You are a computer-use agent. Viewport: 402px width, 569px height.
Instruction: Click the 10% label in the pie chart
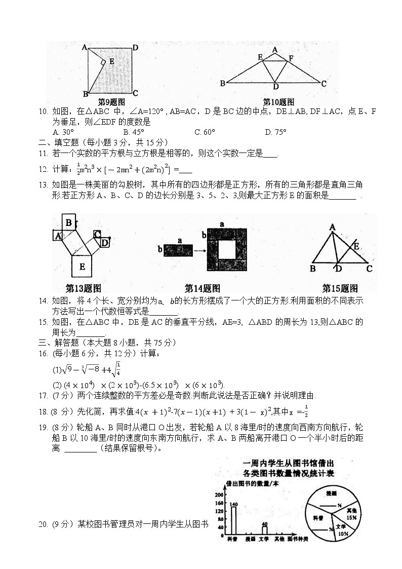[x=343, y=534]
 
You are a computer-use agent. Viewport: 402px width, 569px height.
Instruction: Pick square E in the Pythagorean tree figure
[x=82, y=265]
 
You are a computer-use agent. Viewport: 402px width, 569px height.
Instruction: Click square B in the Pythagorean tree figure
[x=68, y=221]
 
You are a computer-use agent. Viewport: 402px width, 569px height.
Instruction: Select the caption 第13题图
[x=84, y=288]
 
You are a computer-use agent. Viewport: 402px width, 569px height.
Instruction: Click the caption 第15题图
[x=340, y=288]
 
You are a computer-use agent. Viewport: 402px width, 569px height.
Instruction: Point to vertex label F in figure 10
[x=291, y=59]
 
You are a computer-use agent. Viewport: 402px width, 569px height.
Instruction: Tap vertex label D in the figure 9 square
[x=136, y=48]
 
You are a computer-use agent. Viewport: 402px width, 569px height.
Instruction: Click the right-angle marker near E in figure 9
[x=103, y=62]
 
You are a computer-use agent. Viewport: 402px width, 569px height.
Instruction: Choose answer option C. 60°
[x=205, y=132]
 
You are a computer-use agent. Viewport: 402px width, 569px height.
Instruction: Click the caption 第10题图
[x=278, y=102]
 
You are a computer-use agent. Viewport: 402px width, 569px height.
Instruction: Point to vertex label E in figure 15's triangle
[x=356, y=246]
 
